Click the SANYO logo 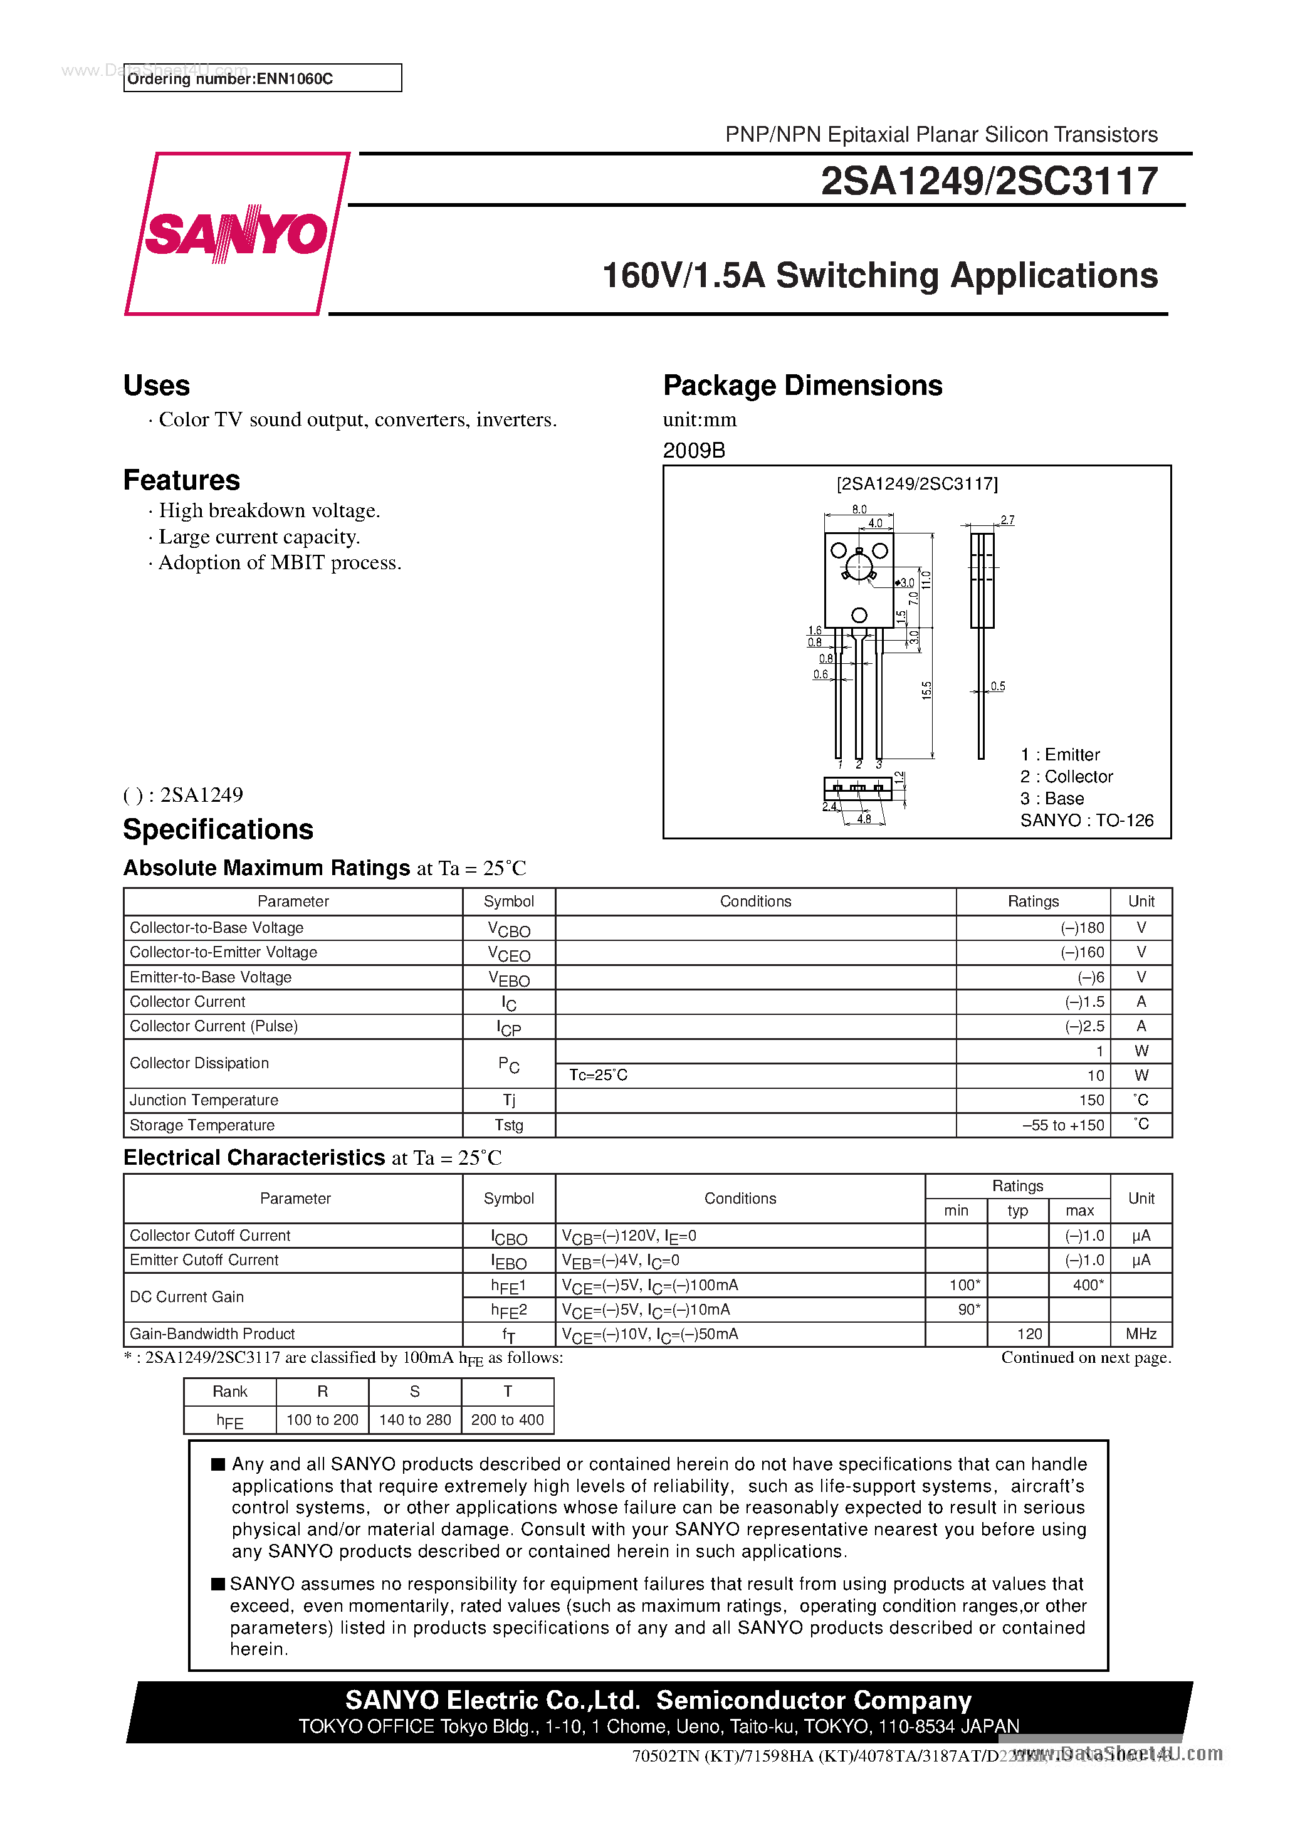236,234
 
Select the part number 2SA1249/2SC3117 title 988,181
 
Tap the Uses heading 157,386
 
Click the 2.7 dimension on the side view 1007,520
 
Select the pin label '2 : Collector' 1066,777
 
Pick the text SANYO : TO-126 1086,821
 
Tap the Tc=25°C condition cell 598,1075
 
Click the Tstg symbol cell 508,1125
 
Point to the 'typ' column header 1017,1211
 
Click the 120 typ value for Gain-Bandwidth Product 1029,1334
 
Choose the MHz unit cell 1141,1334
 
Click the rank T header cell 507,1392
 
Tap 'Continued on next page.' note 1086,1358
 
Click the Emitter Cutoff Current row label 204,1260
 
